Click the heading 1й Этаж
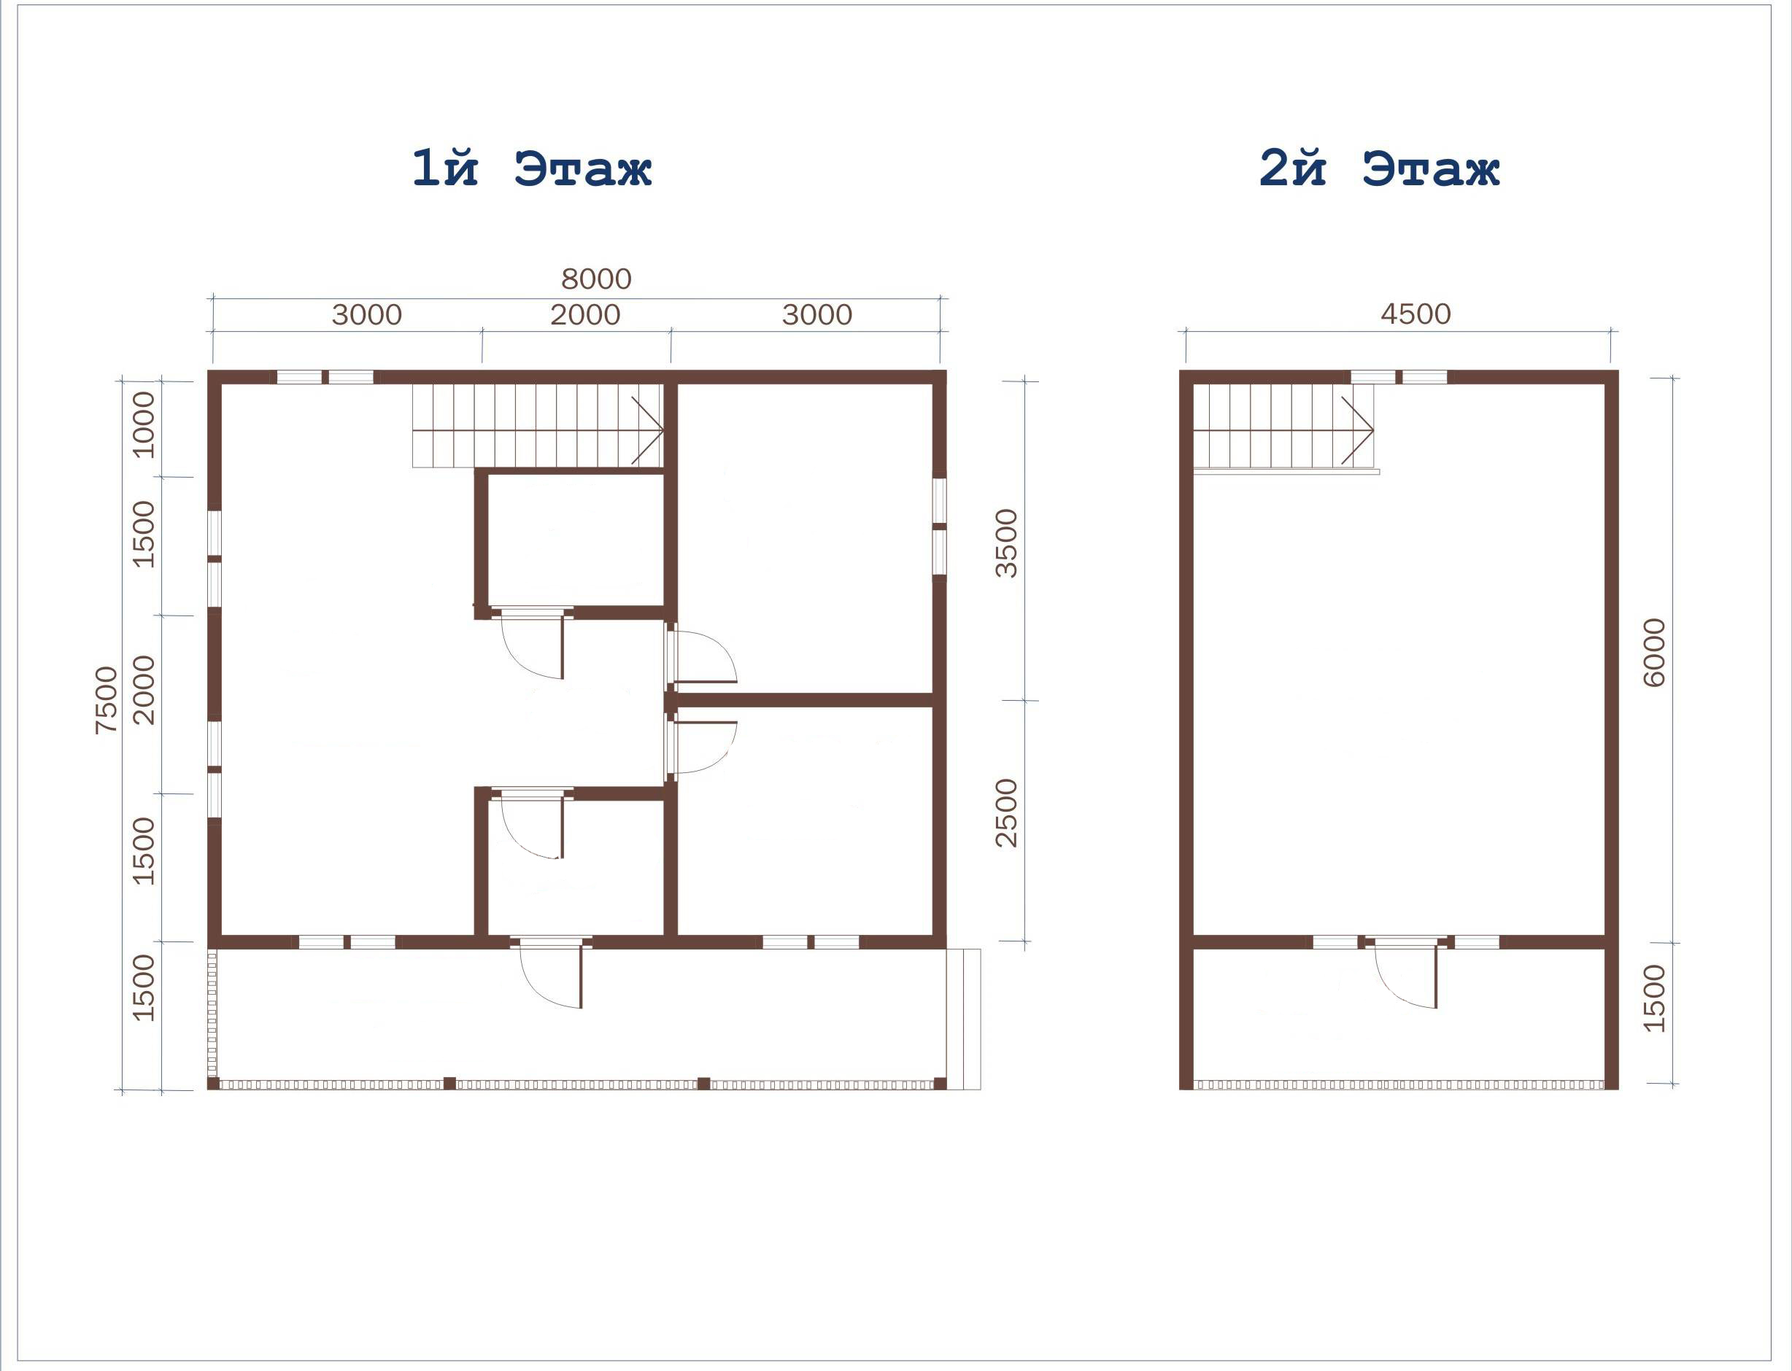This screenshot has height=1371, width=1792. (x=531, y=169)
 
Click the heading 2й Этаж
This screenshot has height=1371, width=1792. (x=1380, y=169)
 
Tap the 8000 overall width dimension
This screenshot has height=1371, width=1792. (x=596, y=279)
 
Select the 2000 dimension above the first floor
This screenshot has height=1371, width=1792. (x=585, y=314)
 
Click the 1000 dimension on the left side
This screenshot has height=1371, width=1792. (x=144, y=424)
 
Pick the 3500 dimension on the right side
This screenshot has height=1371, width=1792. (x=1008, y=543)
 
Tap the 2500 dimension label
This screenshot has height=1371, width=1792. (x=1008, y=813)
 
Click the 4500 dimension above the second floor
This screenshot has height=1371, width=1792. (x=1416, y=314)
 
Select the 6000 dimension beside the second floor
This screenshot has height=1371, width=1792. (x=1653, y=653)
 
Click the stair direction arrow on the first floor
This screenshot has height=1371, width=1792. (x=646, y=430)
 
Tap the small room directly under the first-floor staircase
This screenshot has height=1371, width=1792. (x=576, y=540)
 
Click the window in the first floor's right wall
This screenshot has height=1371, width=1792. (x=940, y=527)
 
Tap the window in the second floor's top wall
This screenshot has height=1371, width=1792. (x=1399, y=377)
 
